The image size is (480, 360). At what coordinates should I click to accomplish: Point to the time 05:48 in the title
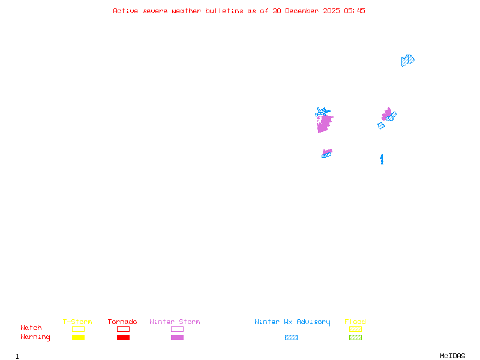coord(355,11)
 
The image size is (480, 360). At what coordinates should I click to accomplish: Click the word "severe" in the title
coord(155,11)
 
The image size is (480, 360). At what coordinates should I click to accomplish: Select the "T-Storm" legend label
coord(77,322)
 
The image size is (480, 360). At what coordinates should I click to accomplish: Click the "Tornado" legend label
coord(122,322)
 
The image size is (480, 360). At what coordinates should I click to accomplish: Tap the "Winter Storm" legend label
coord(175,322)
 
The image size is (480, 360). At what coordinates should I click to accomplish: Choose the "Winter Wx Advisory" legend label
coord(292,322)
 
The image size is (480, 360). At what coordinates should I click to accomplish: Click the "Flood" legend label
coord(355,322)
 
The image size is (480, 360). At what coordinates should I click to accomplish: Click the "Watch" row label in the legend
coord(31,328)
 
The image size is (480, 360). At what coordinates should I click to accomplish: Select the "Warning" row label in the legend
coord(35,337)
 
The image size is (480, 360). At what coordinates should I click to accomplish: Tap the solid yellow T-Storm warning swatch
coord(78,338)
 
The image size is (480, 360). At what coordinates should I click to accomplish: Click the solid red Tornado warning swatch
coord(123,338)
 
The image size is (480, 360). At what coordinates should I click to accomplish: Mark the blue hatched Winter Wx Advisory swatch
coord(291,338)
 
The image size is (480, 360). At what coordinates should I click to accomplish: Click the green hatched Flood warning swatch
coord(355,338)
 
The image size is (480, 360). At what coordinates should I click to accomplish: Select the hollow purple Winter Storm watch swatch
coord(177,329)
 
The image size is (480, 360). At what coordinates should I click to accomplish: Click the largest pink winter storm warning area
coord(324,124)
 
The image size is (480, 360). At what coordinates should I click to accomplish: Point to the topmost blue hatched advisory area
coord(407,61)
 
